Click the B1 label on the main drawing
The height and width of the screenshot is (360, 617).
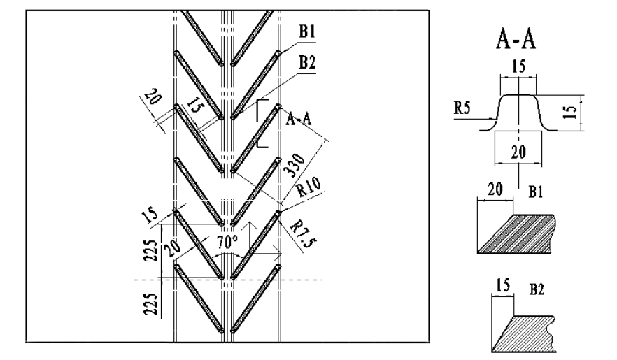pos(306,31)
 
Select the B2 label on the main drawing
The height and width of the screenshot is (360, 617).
pos(306,62)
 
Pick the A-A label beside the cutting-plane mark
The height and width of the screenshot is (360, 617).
pos(299,120)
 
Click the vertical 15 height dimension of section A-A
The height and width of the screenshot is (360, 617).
pos(573,113)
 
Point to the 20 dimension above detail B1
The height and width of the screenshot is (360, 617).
pos(494,188)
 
